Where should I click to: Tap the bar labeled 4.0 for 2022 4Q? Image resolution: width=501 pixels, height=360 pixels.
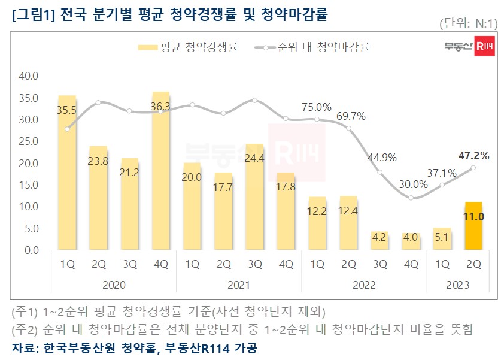click(411, 241)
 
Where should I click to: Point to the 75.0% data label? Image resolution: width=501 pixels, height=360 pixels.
click(317, 107)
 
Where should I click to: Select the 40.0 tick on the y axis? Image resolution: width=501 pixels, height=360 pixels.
click(29, 76)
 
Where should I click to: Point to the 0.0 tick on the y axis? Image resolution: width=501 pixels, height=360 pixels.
click(31, 250)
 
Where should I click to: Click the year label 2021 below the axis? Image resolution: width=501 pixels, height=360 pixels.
click(239, 285)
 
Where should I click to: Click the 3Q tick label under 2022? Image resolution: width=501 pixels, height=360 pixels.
click(379, 264)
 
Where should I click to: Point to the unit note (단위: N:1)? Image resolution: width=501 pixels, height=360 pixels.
click(468, 24)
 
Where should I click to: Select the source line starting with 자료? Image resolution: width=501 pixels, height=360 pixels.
click(135, 348)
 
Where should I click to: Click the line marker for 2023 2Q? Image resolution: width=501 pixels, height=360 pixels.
click(473, 168)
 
